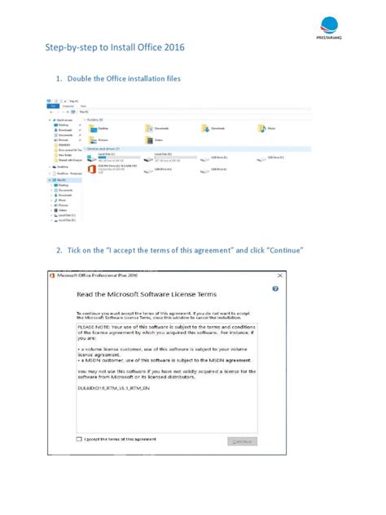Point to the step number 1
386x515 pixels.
point(59,79)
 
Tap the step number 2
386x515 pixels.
point(59,249)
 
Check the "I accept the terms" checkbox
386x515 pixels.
point(79,438)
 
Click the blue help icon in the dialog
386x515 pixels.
point(275,288)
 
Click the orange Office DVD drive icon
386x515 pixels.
point(91,169)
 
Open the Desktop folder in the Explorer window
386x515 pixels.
point(92,129)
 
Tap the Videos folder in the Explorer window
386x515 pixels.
point(149,139)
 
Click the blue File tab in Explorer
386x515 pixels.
point(50,106)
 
